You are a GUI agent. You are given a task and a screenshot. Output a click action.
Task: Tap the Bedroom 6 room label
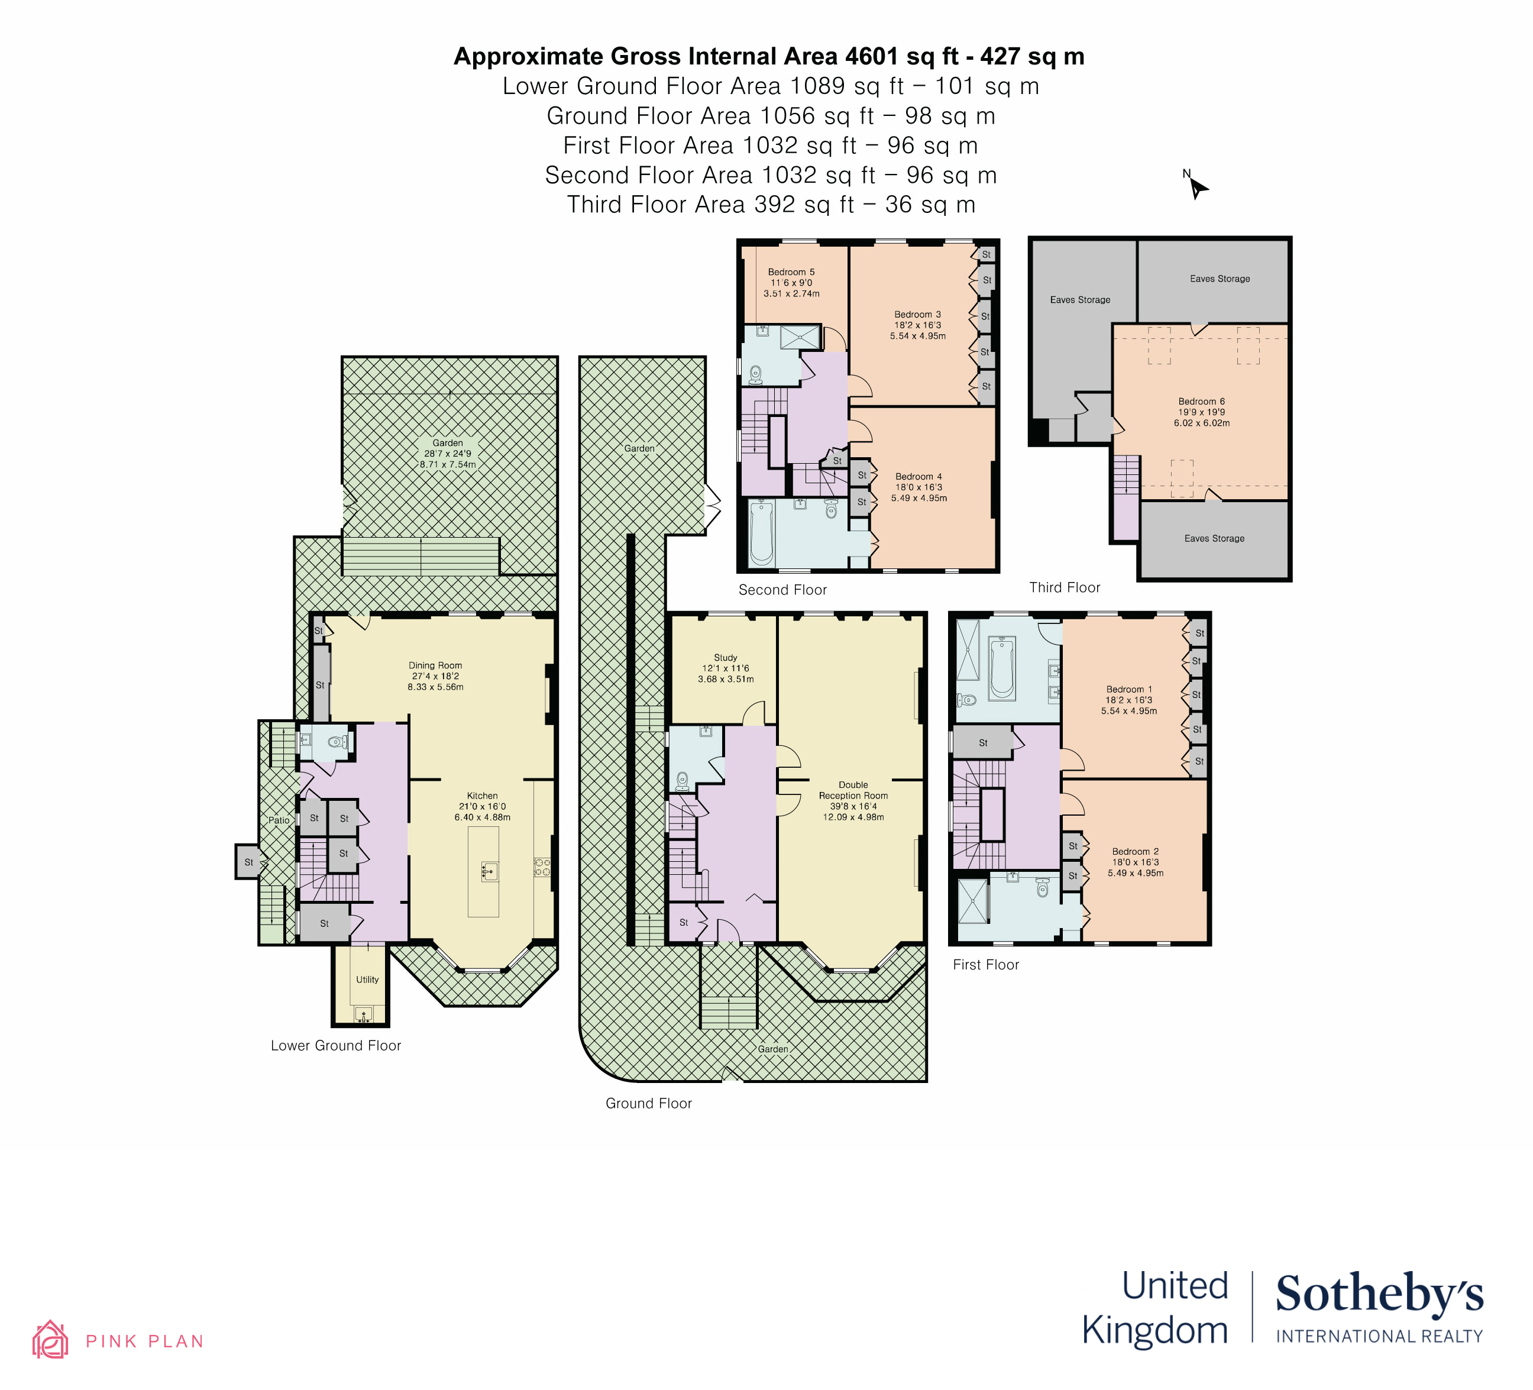click(1201, 402)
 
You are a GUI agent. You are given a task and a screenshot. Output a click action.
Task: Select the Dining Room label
click(435, 665)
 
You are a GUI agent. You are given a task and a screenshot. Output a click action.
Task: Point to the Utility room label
click(367, 980)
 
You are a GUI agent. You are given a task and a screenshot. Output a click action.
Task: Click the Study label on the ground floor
click(726, 658)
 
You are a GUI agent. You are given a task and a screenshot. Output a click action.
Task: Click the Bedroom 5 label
click(791, 272)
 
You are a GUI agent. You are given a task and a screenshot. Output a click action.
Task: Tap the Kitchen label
click(482, 796)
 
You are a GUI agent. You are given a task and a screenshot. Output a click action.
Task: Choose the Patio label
click(279, 820)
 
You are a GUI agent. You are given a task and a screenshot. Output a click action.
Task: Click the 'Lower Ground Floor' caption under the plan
click(336, 1046)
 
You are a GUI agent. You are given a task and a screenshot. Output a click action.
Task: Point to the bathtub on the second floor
click(762, 533)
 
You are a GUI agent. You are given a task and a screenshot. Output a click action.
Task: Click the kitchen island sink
click(490, 871)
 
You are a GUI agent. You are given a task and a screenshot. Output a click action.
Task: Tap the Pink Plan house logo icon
click(50, 1340)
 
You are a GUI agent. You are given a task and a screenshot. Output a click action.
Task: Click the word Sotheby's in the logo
click(1379, 1295)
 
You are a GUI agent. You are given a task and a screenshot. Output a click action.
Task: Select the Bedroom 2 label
click(1136, 852)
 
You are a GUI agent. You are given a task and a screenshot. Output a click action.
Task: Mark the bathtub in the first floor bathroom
click(1002, 669)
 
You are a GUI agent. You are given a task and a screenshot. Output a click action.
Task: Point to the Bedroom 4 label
click(918, 477)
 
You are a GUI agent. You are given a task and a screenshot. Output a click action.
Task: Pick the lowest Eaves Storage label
click(1214, 538)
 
